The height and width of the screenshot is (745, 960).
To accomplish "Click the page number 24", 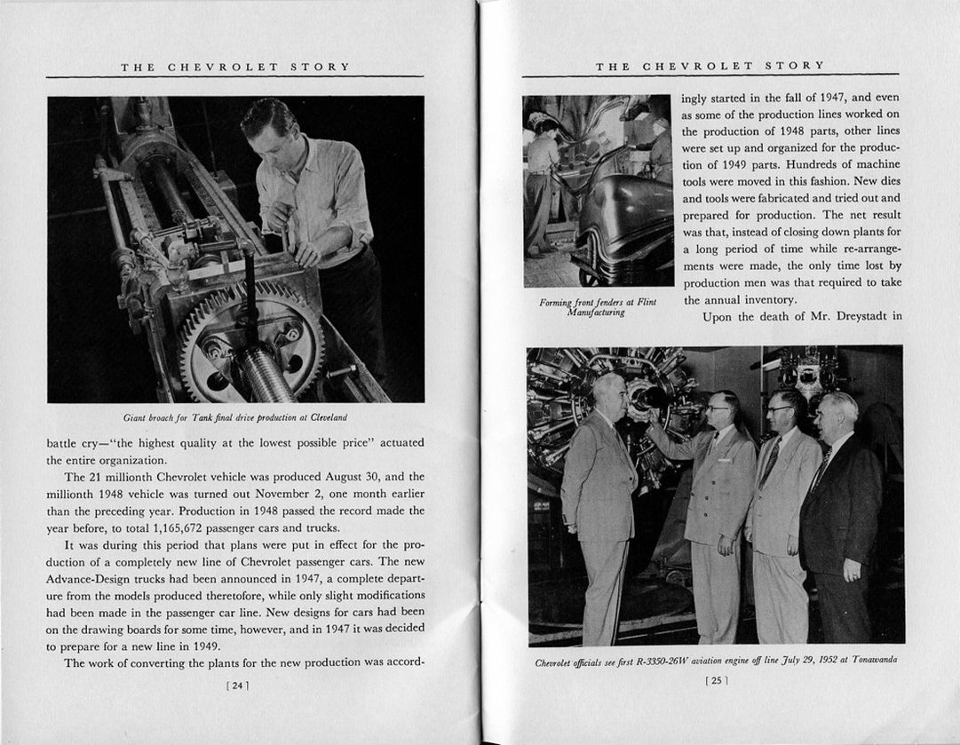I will pos(237,685).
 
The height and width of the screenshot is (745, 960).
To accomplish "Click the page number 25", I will pos(716,681).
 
